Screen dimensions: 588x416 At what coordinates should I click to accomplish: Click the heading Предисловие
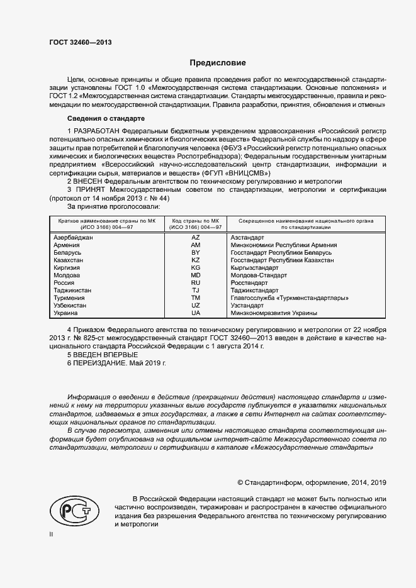click(218, 63)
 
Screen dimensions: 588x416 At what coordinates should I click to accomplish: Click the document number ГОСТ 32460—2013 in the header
click(80, 43)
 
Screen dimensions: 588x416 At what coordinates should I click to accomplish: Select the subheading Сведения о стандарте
click(106, 119)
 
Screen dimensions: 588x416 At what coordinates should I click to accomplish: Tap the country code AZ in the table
click(195, 238)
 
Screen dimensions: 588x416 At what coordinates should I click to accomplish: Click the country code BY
click(195, 253)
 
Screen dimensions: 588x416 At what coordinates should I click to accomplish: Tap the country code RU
click(195, 283)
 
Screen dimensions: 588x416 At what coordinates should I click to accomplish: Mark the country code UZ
click(195, 306)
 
